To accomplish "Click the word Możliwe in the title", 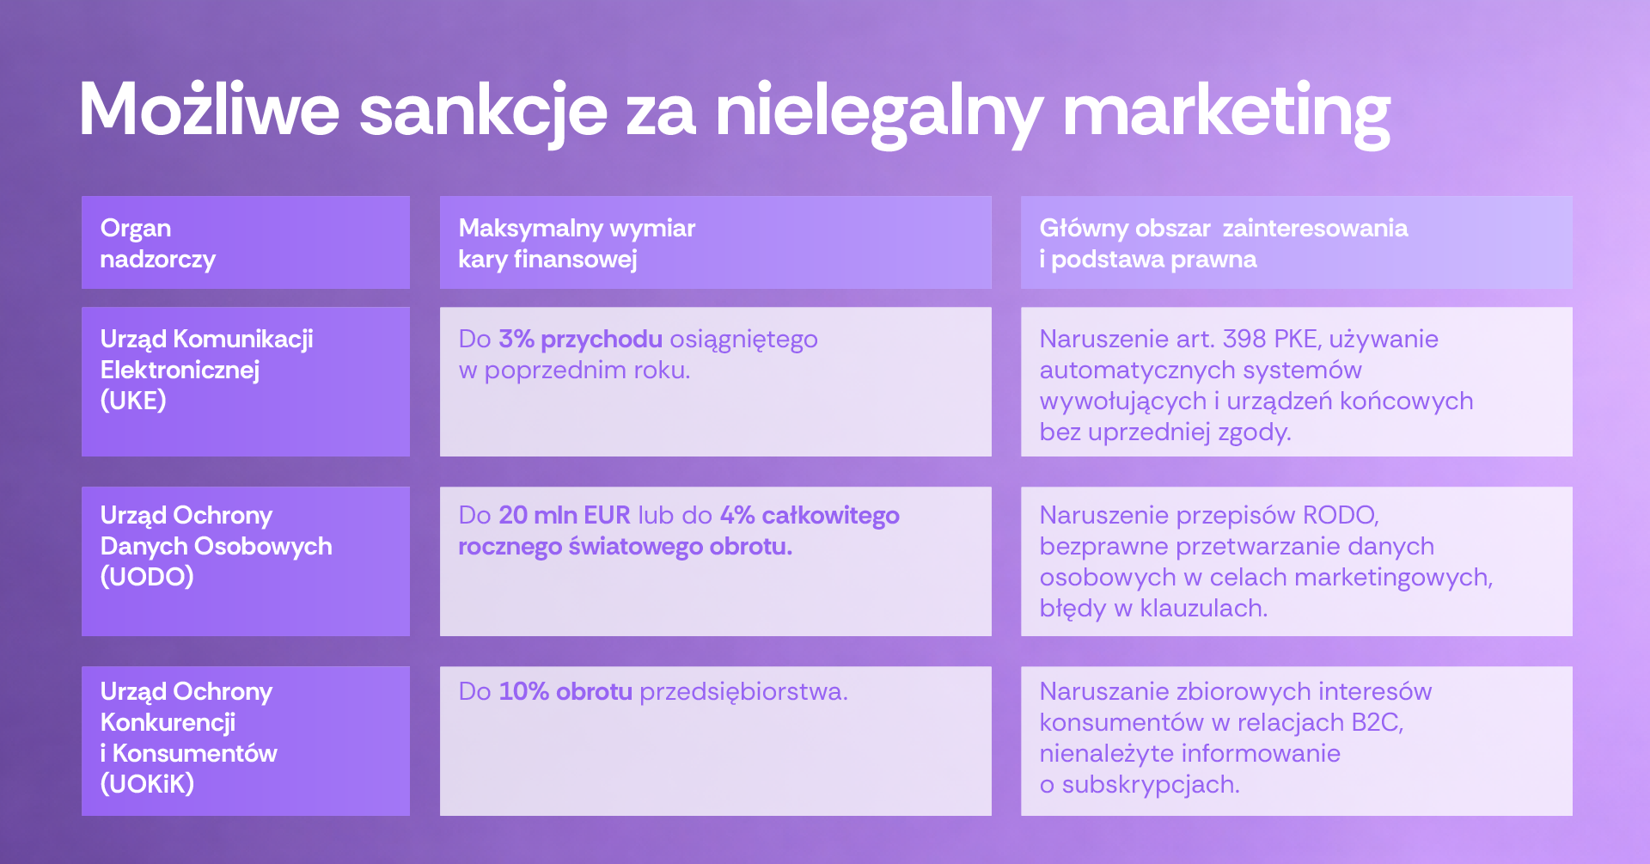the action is (210, 110).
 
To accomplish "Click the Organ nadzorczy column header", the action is (157, 243).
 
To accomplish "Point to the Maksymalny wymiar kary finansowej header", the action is (577, 243).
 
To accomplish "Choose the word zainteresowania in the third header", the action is (1315, 228).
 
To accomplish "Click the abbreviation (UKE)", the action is (133, 401).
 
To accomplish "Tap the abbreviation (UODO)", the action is (147, 577).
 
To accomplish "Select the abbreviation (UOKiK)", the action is (147, 784).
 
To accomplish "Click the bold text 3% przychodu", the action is (581, 340).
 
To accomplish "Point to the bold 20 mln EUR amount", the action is (565, 515).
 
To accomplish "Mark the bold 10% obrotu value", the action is (565, 691).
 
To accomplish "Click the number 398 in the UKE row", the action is (1245, 339).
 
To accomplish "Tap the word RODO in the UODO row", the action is (1341, 515).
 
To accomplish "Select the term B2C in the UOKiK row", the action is (1377, 722).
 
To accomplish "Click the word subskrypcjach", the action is (1151, 785).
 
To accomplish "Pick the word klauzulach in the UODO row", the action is (1204, 609).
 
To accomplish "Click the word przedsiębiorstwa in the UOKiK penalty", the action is (743, 692).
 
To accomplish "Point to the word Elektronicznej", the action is (180, 370).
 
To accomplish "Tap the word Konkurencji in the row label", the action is (168, 722).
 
